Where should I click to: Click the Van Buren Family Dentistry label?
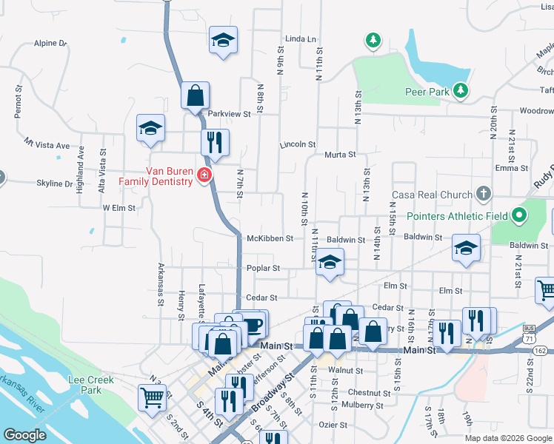coord(158,175)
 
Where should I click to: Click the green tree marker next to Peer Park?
coord(461,90)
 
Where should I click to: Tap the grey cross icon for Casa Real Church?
coord(483,195)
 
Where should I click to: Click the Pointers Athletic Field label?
coord(457,217)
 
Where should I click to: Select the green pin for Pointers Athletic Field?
coord(519,216)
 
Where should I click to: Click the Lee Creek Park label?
coord(84,384)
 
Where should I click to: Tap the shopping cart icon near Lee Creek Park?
coord(152,397)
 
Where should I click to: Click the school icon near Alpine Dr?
coord(222,40)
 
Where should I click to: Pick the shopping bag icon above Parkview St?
coord(196,95)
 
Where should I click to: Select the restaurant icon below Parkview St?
coord(215,142)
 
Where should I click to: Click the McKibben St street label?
coord(270,238)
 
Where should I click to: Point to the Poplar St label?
coord(264,269)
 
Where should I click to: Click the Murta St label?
coord(341,155)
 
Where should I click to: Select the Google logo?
coord(25,434)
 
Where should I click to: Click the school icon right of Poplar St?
coord(330,263)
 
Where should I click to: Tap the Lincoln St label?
coord(298,144)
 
